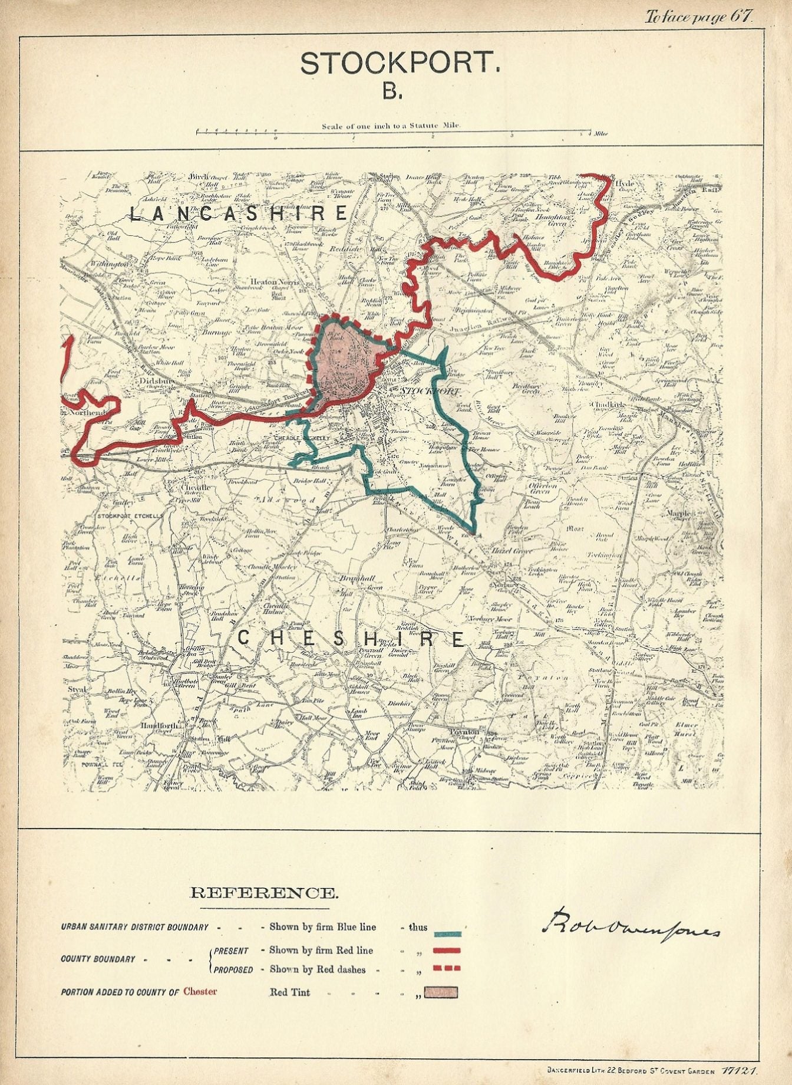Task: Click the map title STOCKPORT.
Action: point(400,64)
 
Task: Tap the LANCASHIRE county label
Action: point(238,213)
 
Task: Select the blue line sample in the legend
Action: point(447,934)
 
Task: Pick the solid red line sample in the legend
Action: point(447,951)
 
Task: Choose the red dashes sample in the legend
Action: point(447,968)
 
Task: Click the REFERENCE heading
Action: point(265,893)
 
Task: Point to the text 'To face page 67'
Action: point(698,17)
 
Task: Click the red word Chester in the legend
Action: point(200,991)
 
